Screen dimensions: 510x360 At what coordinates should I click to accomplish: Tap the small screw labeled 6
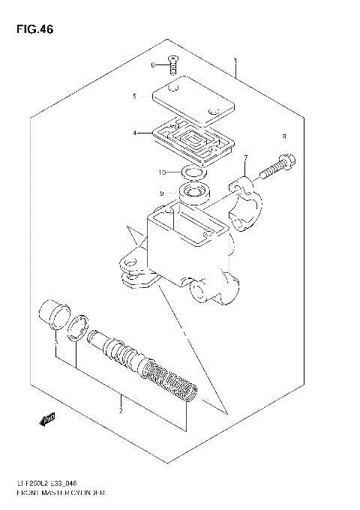(x=174, y=66)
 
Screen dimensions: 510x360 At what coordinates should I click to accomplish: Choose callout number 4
(x=135, y=133)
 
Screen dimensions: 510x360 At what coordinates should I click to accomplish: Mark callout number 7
(x=244, y=157)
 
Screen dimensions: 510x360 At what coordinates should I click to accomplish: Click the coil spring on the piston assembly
(x=171, y=382)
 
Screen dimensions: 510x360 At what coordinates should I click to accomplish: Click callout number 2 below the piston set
(x=120, y=410)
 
